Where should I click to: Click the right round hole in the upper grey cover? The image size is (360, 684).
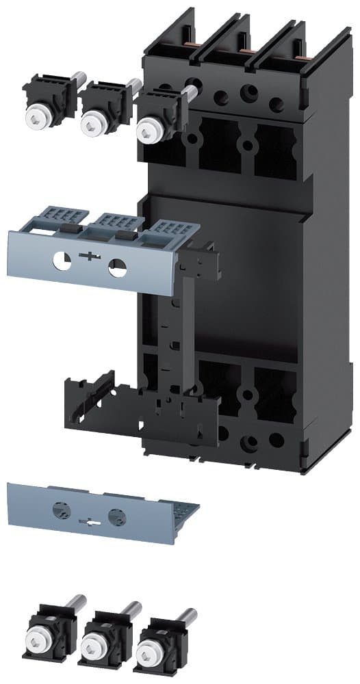[117, 266]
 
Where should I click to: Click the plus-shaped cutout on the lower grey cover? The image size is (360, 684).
[89, 520]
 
